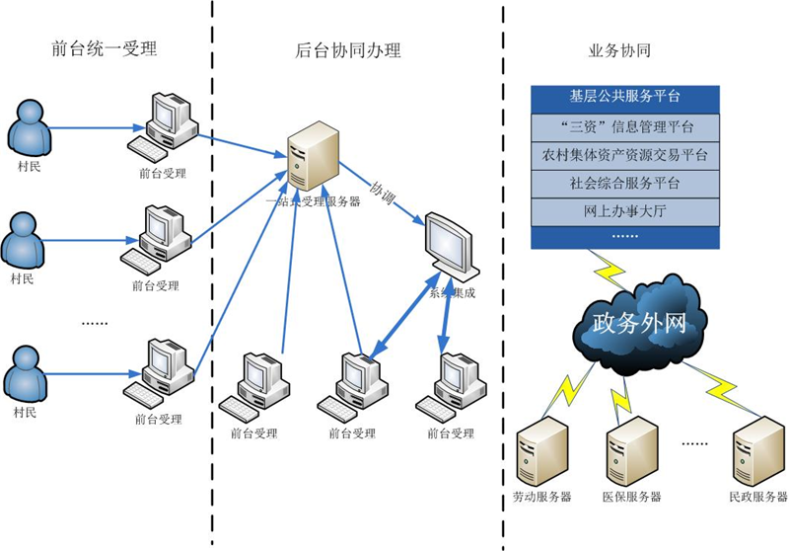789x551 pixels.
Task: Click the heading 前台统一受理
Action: pyautogui.click(x=104, y=49)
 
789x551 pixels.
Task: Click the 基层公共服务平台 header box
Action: pyautogui.click(x=624, y=97)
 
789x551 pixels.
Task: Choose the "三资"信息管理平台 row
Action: pyautogui.click(x=624, y=126)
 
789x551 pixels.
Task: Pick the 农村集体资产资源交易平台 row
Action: pyautogui.click(x=624, y=155)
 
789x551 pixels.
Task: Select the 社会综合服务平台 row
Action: pyautogui.click(x=624, y=183)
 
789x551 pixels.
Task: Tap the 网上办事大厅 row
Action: pyautogui.click(x=624, y=210)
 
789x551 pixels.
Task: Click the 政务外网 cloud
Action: pyautogui.click(x=638, y=321)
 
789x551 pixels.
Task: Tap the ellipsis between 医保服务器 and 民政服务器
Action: pyautogui.click(x=694, y=444)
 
